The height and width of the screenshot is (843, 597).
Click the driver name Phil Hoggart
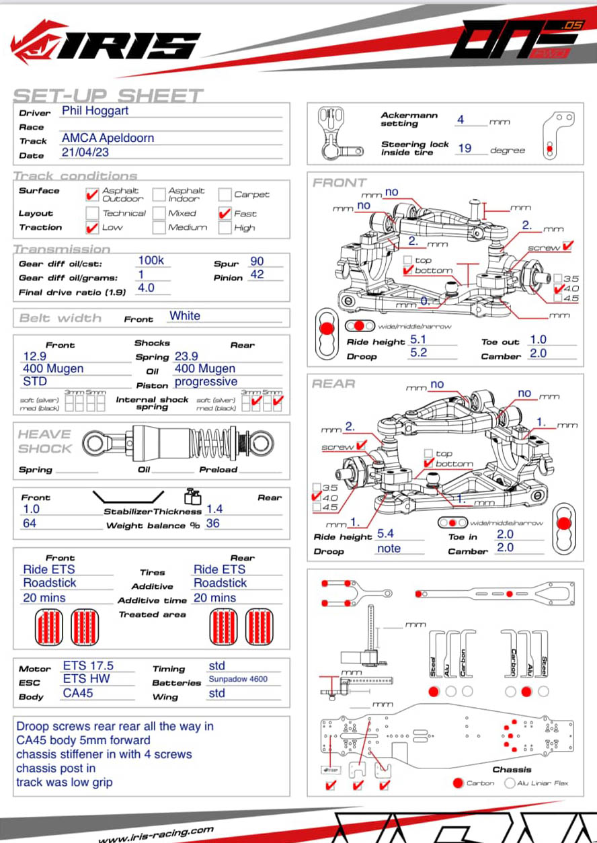click(95, 110)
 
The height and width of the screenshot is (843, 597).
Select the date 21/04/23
click(85, 152)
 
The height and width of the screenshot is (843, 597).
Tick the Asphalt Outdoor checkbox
click(93, 195)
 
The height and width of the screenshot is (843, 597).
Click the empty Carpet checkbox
click(225, 195)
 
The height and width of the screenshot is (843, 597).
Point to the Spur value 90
click(257, 262)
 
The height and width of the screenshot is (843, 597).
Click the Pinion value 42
click(257, 274)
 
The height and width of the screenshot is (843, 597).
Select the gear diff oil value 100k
click(151, 261)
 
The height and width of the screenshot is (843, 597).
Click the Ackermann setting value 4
click(461, 120)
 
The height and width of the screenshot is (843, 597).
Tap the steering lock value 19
click(465, 148)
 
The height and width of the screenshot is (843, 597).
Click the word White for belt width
click(185, 316)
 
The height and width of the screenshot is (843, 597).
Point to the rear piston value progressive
click(206, 382)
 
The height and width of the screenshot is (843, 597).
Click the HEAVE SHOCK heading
click(44, 442)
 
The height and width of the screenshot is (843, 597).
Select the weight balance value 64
click(30, 523)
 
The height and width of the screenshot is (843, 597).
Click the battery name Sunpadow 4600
click(238, 679)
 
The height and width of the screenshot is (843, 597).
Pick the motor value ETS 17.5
click(88, 666)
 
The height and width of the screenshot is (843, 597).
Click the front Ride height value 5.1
click(418, 339)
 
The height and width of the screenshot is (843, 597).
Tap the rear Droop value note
click(389, 549)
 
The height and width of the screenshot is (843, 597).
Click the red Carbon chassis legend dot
click(459, 783)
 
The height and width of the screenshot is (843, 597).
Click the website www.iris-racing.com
click(156, 834)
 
